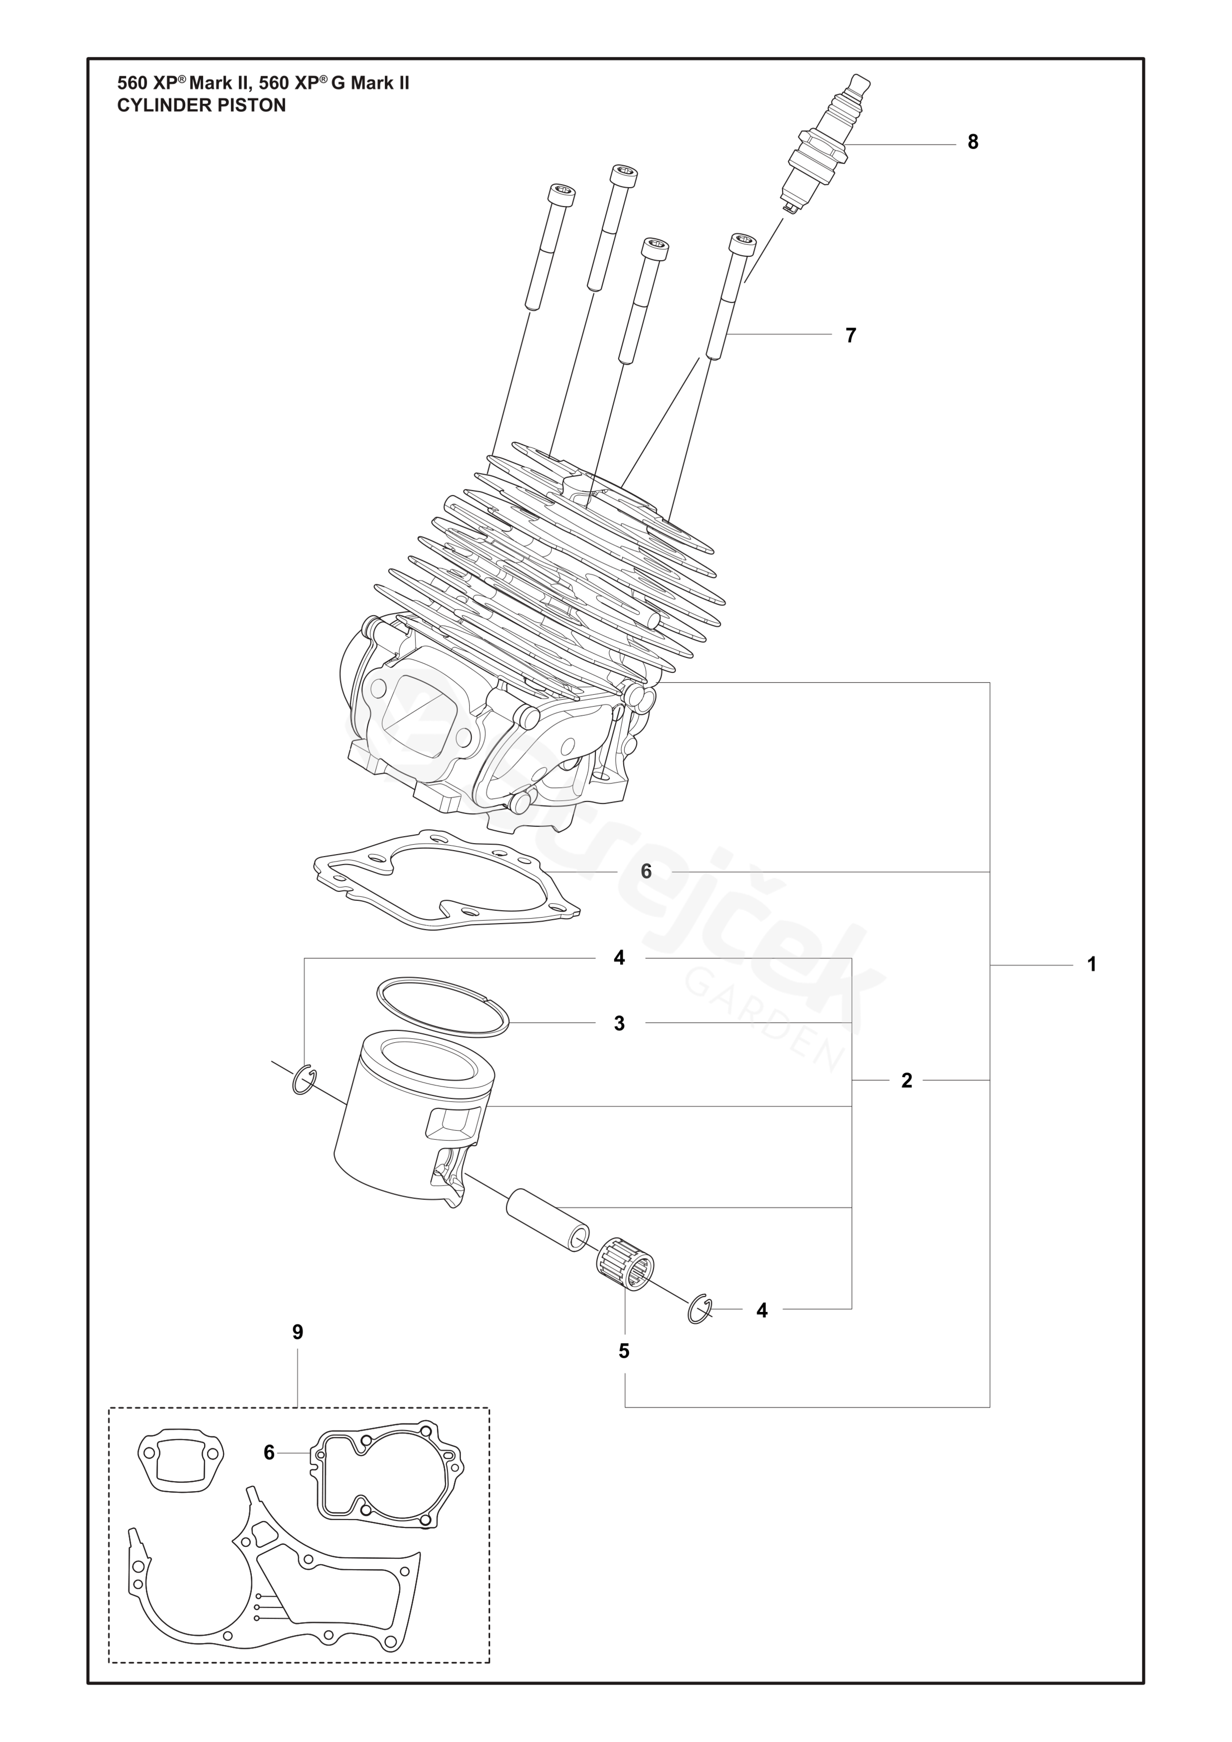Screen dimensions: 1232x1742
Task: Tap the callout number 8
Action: [x=973, y=142]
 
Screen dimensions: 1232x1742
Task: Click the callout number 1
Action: [x=1092, y=965]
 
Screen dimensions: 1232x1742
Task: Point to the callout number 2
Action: [x=906, y=1081]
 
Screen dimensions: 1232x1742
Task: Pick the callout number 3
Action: [x=619, y=1023]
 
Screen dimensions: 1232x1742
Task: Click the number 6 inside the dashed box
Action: [x=269, y=1452]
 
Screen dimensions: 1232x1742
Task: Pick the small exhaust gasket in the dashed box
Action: [x=181, y=1456]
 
